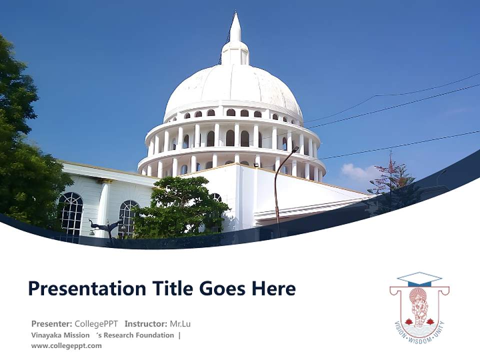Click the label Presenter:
coord(52,324)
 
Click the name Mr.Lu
coord(180,324)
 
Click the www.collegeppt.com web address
coord(66,345)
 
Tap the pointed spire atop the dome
coord(235,29)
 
